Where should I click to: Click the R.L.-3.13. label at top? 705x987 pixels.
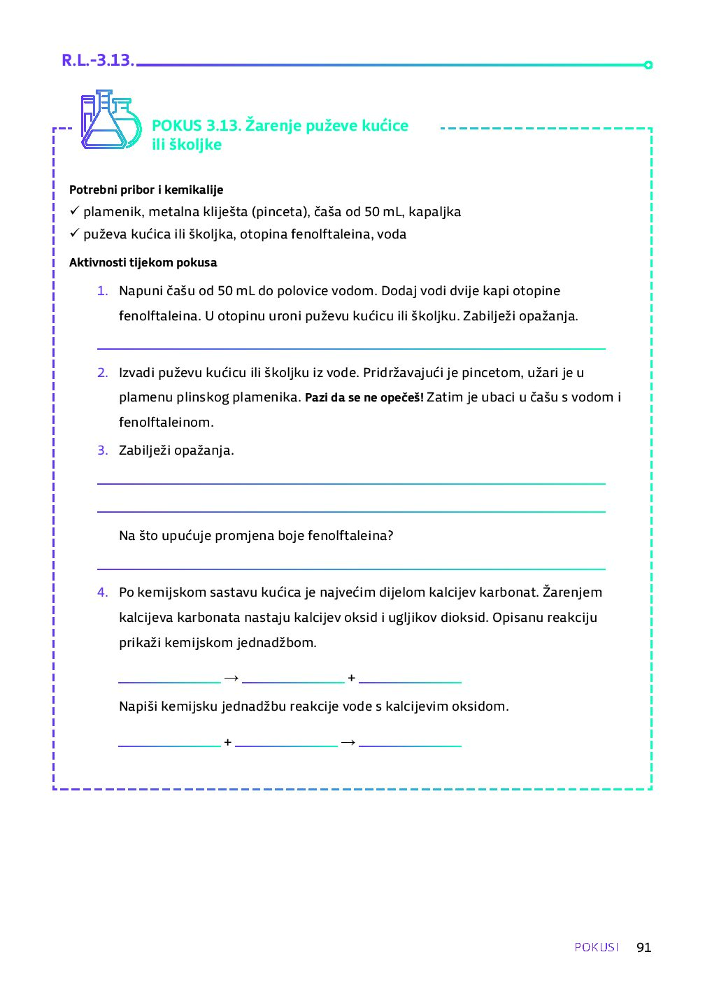[x=97, y=61]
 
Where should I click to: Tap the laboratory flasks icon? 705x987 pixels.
[x=110, y=120]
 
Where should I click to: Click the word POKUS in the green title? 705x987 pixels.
[x=176, y=126]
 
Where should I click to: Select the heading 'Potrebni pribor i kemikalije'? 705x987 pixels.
[x=146, y=190]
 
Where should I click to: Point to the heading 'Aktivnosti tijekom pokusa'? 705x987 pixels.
[x=143, y=263]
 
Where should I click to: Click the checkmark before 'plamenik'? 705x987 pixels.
[x=74, y=211]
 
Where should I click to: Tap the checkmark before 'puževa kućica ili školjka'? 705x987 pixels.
[x=74, y=234]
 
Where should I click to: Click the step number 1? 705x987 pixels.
[x=102, y=291]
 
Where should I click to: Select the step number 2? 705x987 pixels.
[x=102, y=373]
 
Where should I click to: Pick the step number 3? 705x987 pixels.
[x=102, y=450]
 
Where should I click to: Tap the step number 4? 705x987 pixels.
[x=102, y=592]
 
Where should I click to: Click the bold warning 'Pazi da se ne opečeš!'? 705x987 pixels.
[x=364, y=398]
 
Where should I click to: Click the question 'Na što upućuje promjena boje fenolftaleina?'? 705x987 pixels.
[x=256, y=536]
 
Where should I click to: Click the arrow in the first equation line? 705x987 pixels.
[x=232, y=678]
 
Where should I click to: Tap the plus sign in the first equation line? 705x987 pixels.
[x=351, y=678]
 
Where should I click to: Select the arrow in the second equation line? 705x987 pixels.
[x=348, y=742]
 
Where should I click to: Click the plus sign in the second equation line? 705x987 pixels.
[x=227, y=742]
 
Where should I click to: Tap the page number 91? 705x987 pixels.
[x=643, y=947]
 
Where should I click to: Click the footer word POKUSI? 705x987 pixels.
[x=597, y=947]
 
